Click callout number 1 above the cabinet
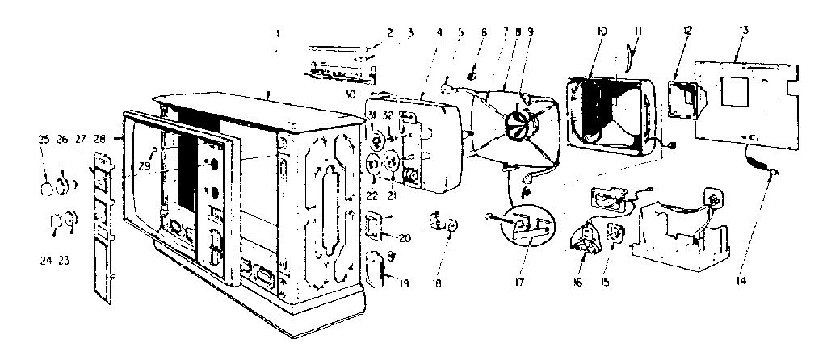[x=277, y=34]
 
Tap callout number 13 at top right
[x=743, y=30]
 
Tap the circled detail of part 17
[x=527, y=227]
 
